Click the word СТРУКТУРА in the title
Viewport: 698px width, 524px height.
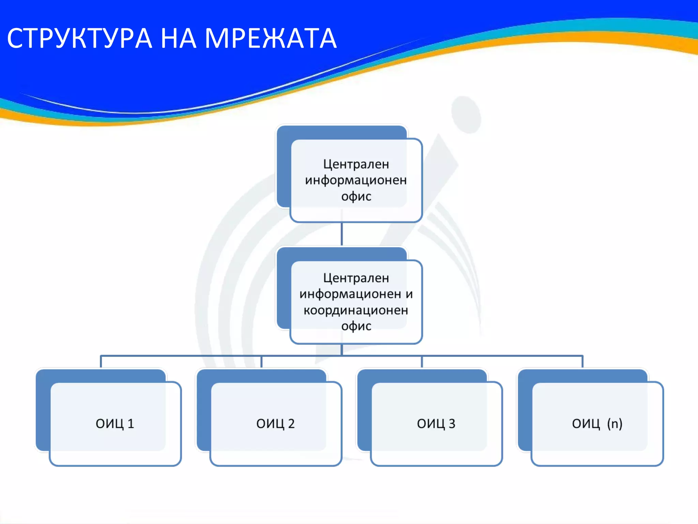point(79,39)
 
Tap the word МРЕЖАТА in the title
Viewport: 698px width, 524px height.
point(271,39)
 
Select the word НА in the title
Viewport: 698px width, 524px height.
point(178,39)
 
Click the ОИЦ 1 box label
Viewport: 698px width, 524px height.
point(115,424)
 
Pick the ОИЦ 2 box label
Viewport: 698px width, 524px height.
point(275,424)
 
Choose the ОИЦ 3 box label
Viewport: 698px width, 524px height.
point(436,424)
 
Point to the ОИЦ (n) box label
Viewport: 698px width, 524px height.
point(597,424)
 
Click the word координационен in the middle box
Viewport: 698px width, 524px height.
point(356,310)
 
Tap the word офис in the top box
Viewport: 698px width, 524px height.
point(356,196)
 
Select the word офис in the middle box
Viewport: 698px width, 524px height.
point(356,326)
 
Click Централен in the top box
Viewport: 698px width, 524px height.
point(356,164)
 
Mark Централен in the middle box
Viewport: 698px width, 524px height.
point(356,278)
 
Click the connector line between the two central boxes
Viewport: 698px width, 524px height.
point(342,234)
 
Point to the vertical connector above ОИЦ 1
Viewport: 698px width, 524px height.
point(101,362)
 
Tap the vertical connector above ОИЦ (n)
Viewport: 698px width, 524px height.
point(582,362)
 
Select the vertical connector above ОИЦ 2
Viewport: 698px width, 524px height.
point(261,362)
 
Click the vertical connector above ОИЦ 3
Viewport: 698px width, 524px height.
point(422,362)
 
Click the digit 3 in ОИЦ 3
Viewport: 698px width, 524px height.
point(452,424)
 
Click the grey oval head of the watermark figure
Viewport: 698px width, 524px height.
point(466,115)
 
